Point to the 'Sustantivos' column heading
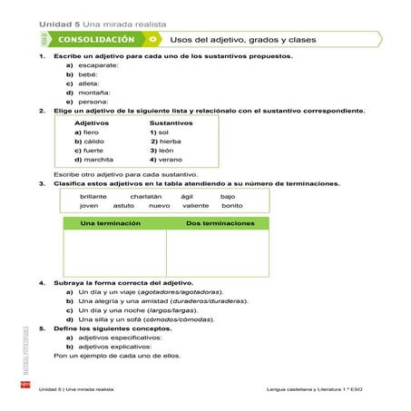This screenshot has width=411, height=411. pyautogui.click(x=171, y=122)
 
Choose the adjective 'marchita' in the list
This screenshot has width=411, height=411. pyautogui.click(x=101, y=159)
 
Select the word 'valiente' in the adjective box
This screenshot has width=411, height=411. pyautogui.click(x=195, y=205)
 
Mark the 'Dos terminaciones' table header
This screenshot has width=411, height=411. pyautogui.click(x=217, y=222)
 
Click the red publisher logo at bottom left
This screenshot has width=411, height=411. pyautogui.click(x=27, y=387)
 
